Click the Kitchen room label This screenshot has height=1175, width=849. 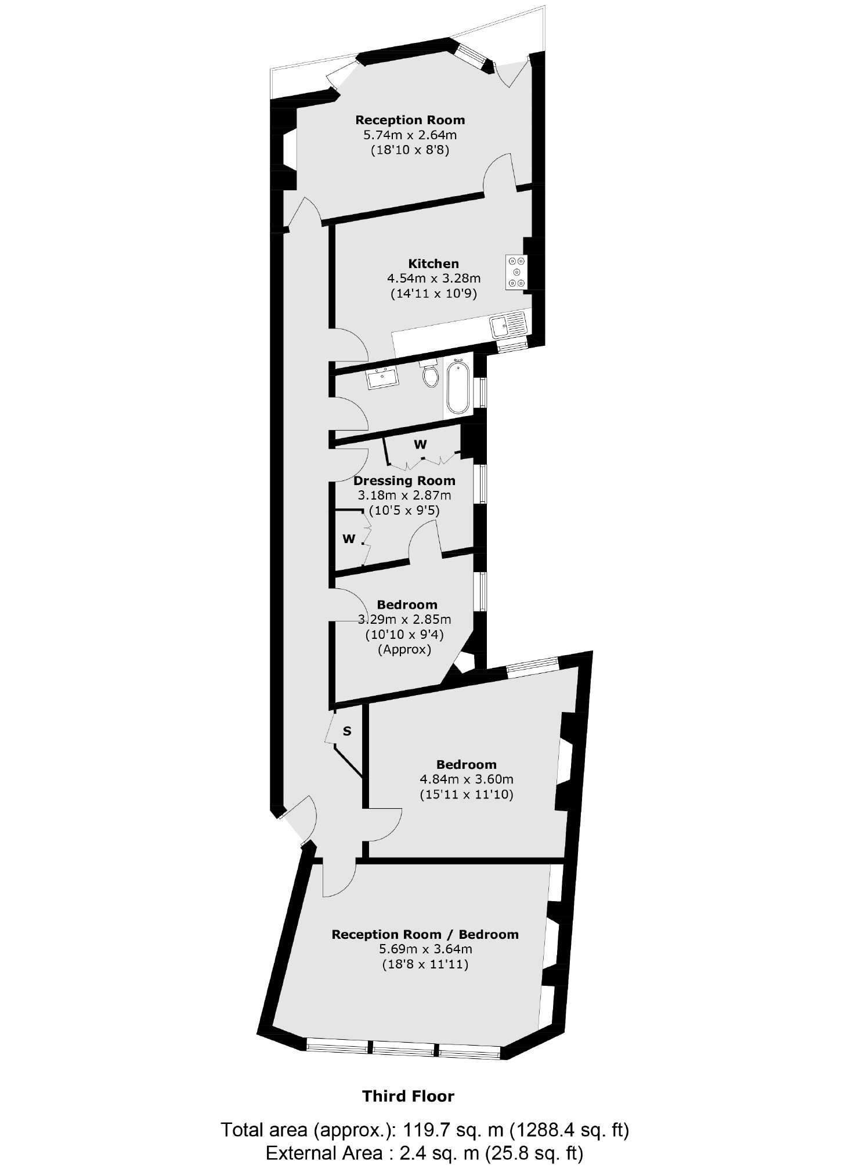point(433,263)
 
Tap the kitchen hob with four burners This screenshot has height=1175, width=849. point(516,272)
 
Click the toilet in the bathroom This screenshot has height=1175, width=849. point(431,374)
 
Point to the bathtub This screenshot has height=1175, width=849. point(458,386)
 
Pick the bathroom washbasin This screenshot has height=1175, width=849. point(382,378)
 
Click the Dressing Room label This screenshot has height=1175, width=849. point(404,480)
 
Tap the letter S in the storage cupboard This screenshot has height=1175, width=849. point(347,731)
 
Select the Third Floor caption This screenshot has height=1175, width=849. point(408,1096)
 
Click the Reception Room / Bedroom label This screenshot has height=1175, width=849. point(425,935)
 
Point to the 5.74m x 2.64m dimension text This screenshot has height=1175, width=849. point(410,135)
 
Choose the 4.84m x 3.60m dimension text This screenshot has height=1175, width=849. point(467,779)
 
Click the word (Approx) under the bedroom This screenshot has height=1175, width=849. point(404,649)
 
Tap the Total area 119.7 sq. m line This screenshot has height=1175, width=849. point(425,1130)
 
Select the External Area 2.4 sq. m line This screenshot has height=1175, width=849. point(424,1153)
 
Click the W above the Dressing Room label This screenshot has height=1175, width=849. point(420,444)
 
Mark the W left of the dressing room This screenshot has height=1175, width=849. point(348,539)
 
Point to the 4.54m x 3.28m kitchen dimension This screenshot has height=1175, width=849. point(433,279)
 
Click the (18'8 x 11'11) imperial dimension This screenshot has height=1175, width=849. point(425,965)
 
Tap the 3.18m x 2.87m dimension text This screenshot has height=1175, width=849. point(404,496)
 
